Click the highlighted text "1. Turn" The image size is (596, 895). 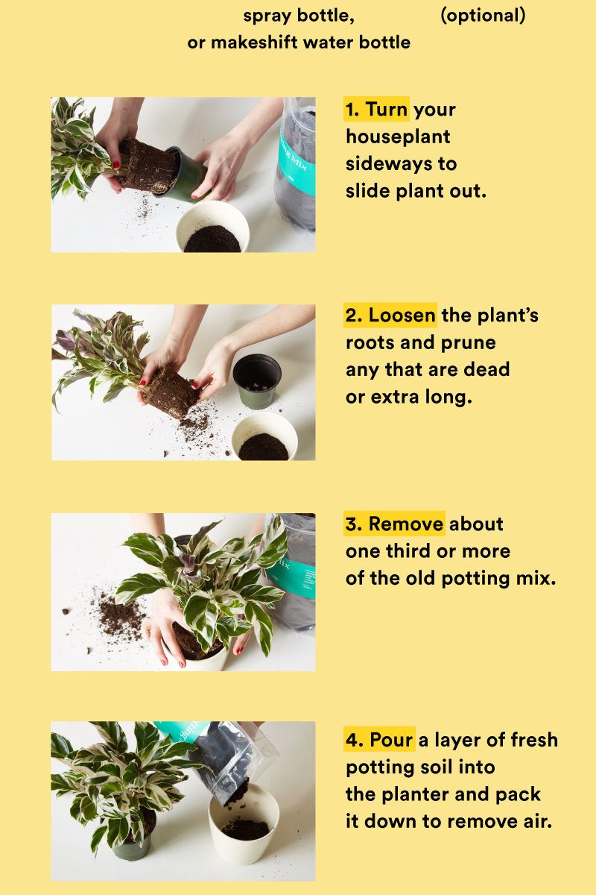[376, 110]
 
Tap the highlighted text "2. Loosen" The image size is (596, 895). [390, 315]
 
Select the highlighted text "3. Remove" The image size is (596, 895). [395, 524]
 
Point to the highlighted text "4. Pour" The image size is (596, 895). [379, 741]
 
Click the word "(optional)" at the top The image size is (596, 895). [483, 15]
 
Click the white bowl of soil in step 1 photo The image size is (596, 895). [212, 227]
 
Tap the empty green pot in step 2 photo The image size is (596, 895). [257, 379]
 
